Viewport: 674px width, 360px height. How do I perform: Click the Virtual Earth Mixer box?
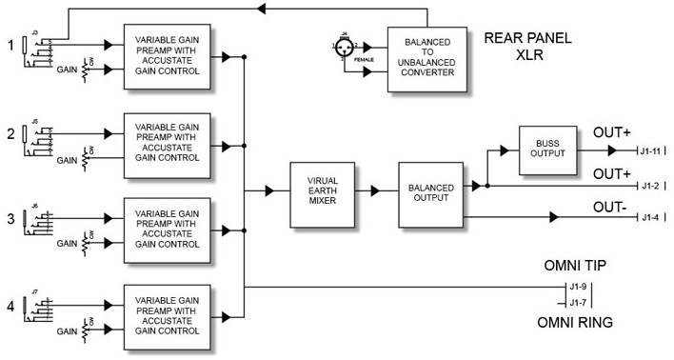(323, 190)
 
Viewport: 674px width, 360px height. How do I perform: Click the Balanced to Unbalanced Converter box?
(427, 58)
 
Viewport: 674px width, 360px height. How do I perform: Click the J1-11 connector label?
(650, 150)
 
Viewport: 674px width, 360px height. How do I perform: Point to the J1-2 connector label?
(650, 185)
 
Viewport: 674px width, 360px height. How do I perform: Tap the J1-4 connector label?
(650, 218)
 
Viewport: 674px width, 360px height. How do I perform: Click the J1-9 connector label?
(578, 287)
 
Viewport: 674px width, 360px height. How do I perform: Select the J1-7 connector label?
(578, 303)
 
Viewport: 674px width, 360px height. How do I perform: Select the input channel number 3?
(10, 219)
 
